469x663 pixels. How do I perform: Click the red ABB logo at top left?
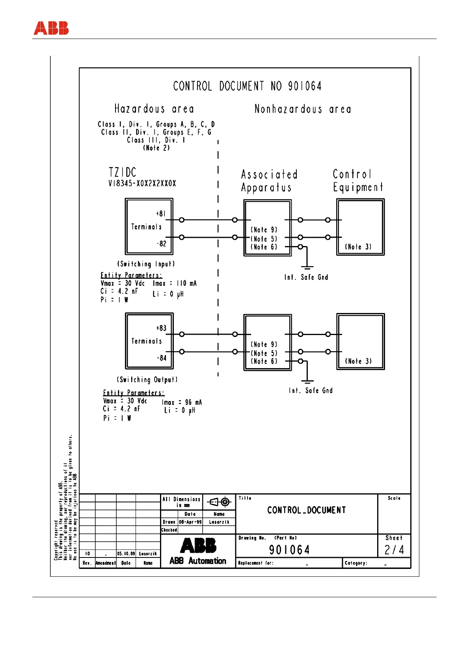[51, 28]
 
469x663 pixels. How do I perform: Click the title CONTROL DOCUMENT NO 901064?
[247, 86]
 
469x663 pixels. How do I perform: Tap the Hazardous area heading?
[154, 109]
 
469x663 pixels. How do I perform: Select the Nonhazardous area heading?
[302, 109]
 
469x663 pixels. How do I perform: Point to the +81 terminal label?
[161, 214]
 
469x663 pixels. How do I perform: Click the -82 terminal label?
[162, 244]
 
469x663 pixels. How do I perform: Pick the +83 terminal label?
[161, 328]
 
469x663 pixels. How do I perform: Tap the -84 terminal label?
[162, 358]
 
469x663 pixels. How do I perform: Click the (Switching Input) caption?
[146, 264]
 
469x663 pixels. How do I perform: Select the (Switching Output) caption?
[147, 380]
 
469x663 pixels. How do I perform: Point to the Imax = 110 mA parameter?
[175, 283]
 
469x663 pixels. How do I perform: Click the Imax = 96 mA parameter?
[182, 402]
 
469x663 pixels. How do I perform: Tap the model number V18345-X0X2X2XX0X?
[142, 183]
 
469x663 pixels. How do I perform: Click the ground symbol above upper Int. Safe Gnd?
[307, 267]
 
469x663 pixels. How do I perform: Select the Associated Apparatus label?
[269, 181]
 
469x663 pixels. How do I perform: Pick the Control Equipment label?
[357, 180]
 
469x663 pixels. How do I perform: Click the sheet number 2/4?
[394, 550]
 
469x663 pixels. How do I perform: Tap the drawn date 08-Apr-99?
[190, 522]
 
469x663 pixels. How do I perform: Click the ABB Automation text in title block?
[198, 561]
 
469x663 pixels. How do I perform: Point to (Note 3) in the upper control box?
[358, 247]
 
